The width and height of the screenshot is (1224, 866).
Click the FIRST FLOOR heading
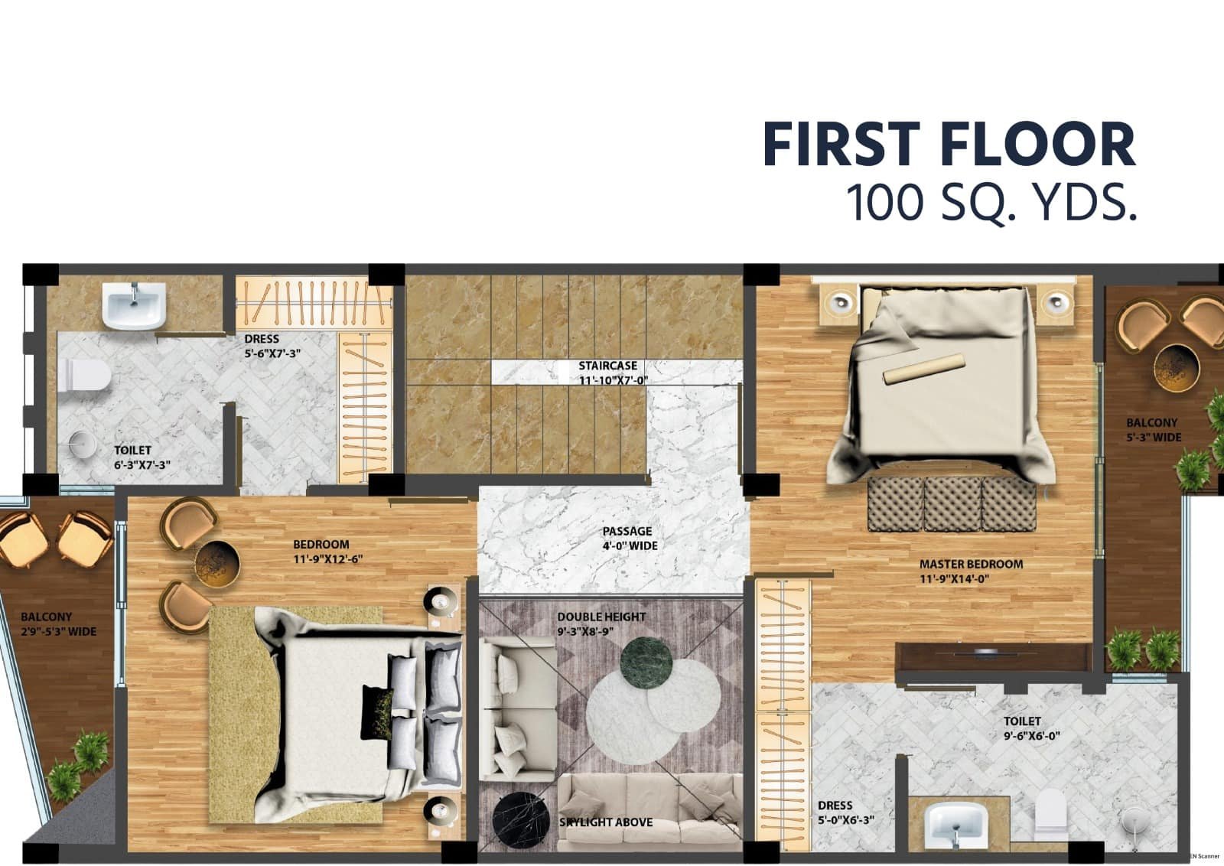(x=949, y=144)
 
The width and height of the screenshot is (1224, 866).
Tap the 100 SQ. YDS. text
(x=991, y=203)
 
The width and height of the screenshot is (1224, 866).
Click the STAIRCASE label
(x=608, y=366)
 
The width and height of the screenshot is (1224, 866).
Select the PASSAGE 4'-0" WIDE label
(x=630, y=538)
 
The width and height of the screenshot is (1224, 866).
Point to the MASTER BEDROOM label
(x=971, y=564)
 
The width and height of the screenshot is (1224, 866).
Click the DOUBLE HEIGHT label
(x=601, y=617)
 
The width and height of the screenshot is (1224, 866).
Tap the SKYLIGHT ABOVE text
(x=605, y=822)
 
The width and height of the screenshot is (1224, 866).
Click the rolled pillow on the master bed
(x=923, y=369)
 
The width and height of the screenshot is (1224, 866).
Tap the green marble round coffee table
(x=646, y=663)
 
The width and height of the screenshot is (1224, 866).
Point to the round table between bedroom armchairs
(x=217, y=565)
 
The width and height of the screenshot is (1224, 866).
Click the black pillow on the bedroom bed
(x=377, y=713)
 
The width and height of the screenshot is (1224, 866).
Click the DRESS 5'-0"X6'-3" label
(x=846, y=812)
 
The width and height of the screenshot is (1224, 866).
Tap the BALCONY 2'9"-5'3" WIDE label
(x=58, y=624)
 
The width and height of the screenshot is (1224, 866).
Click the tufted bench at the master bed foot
(x=952, y=503)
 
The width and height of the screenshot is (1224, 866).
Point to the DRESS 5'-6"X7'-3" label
(x=272, y=346)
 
